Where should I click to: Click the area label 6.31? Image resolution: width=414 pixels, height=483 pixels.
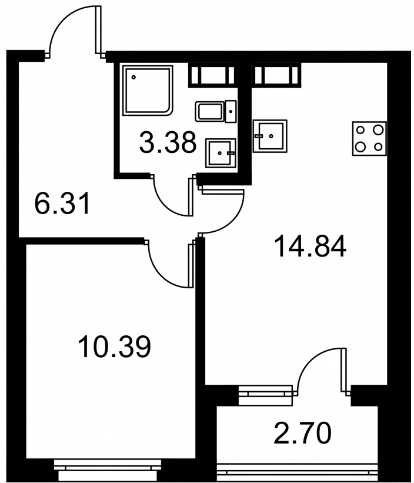click(62, 203)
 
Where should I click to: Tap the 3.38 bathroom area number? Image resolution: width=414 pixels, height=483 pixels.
click(168, 142)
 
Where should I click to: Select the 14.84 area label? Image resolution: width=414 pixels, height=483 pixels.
click(311, 246)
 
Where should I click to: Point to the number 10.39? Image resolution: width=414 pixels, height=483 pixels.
click(115, 347)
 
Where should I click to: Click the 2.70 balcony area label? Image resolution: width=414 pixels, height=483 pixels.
click(303, 434)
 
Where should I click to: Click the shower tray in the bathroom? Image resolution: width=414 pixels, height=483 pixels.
click(148, 90)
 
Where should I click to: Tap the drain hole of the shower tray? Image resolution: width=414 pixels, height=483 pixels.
click(133, 77)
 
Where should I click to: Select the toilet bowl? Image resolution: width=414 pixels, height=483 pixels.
click(209, 112)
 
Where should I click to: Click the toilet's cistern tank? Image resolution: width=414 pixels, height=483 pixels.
click(231, 111)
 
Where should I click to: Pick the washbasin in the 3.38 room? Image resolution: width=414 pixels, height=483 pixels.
click(221, 153)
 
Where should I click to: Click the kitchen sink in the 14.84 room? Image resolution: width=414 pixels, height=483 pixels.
click(270, 136)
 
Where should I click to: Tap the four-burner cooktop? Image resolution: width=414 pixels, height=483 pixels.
click(369, 138)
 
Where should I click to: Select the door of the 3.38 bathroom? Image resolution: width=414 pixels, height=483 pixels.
click(172, 195)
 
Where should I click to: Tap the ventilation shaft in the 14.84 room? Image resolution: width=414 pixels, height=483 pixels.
click(276, 75)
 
